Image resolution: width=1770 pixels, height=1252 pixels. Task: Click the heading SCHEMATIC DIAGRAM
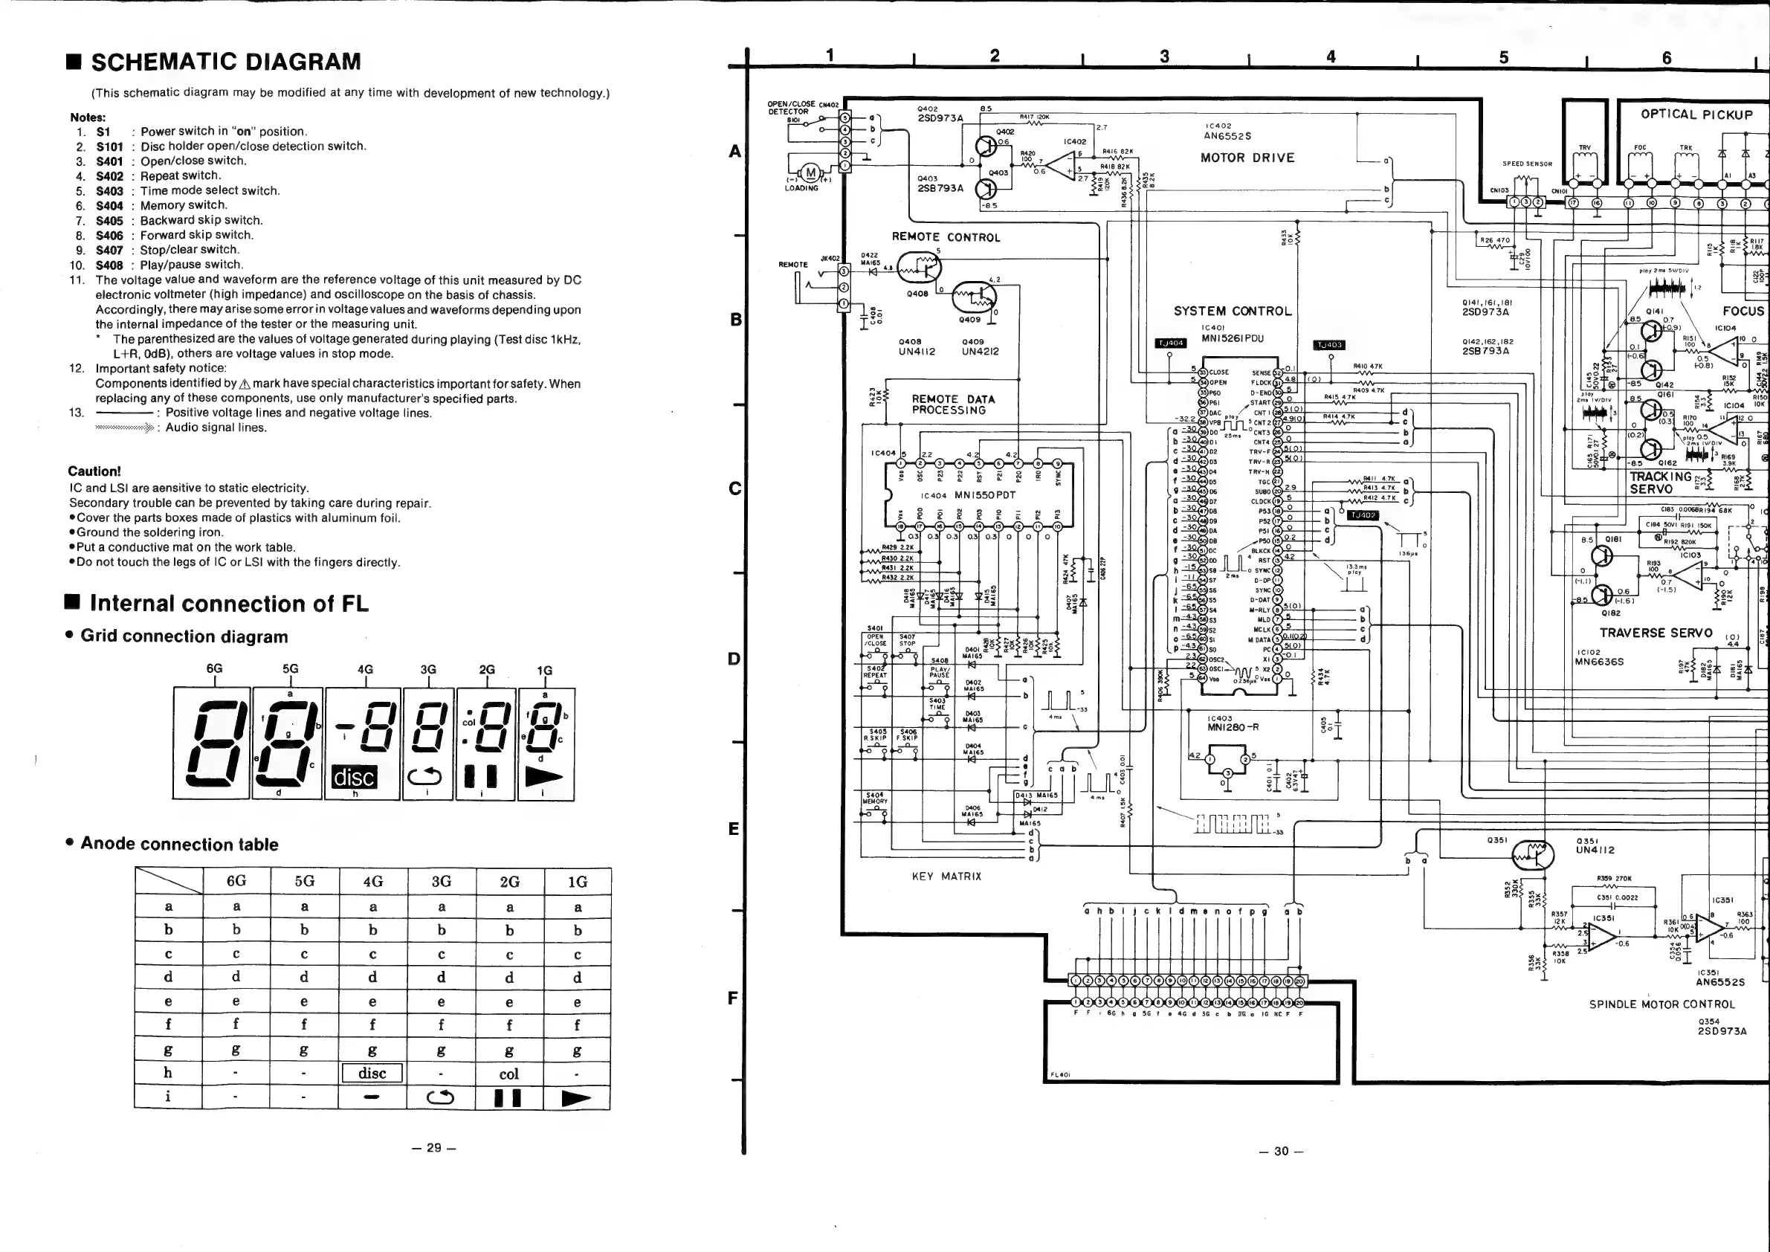(x=225, y=62)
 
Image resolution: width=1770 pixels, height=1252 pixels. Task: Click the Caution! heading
(x=94, y=471)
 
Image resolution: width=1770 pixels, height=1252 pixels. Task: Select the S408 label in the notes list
(x=109, y=265)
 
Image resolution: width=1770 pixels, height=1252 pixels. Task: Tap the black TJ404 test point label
(x=1170, y=343)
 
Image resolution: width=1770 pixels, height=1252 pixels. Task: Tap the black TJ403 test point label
(x=1330, y=345)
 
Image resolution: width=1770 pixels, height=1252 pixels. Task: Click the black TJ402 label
(x=1363, y=515)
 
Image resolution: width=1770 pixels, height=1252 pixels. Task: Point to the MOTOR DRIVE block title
(x=1247, y=158)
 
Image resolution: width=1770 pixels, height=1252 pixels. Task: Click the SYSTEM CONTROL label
(x=1232, y=312)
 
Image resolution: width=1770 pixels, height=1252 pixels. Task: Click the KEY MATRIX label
(x=946, y=877)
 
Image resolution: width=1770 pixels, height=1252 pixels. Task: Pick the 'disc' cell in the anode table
(x=372, y=1073)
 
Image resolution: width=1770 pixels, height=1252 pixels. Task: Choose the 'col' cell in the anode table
(x=508, y=1074)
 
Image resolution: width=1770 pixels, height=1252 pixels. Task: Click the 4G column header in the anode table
(x=372, y=881)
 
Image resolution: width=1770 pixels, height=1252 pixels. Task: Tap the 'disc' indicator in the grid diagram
(x=354, y=777)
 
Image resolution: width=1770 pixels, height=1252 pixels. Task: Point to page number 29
(x=434, y=1147)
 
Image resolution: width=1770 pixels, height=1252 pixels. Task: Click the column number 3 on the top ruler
(x=1164, y=57)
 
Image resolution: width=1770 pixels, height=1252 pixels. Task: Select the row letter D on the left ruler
(x=734, y=659)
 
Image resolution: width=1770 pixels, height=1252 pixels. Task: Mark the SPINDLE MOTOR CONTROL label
(x=1661, y=1004)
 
